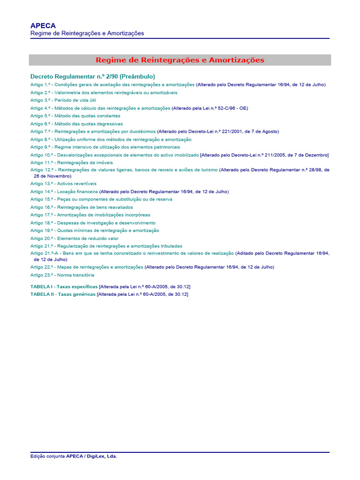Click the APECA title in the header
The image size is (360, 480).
click(x=43, y=26)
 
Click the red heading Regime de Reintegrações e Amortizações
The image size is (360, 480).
click(x=180, y=60)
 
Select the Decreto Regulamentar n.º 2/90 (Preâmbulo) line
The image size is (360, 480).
click(x=92, y=76)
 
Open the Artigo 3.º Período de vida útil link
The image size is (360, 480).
click(x=60, y=100)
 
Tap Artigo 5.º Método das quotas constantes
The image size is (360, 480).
click(x=75, y=116)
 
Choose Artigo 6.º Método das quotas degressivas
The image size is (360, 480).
click(x=76, y=124)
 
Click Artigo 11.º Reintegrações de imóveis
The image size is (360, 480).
click(x=72, y=163)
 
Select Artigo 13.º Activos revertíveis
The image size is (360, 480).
click(x=63, y=184)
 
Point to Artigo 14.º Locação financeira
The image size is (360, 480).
click(x=64, y=192)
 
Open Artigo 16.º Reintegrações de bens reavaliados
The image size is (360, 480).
click(x=82, y=207)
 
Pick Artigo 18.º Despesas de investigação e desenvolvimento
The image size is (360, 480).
click(x=93, y=223)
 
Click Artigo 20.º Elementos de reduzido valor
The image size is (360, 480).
click(x=75, y=239)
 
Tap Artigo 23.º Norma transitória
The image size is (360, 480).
click(x=62, y=275)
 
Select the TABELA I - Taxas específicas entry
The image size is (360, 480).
click(x=64, y=286)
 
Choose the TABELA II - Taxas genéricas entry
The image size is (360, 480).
click(x=63, y=294)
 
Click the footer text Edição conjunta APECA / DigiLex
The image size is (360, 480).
click(x=74, y=456)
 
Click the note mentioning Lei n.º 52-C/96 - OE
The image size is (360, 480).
click(x=210, y=108)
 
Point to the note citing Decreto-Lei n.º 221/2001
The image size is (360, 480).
click(x=218, y=132)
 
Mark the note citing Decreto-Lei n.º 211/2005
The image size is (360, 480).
click(x=264, y=155)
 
